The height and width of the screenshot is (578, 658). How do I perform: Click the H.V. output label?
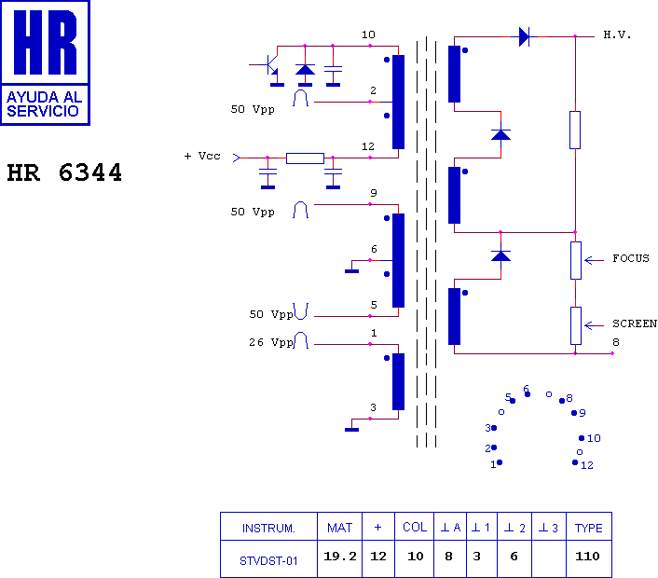point(617,34)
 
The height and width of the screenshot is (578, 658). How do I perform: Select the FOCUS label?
point(630,258)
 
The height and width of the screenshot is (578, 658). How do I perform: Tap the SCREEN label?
point(635,323)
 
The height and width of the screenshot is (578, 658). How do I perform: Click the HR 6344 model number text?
point(64,172)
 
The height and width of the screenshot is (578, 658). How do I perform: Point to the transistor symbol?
point(270,64)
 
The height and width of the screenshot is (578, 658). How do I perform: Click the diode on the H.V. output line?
point(524,36)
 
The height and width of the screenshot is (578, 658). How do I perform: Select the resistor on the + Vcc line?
point(305,158)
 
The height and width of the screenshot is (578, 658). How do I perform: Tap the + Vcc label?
point(202,156)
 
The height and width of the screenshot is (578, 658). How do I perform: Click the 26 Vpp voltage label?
point(270,342)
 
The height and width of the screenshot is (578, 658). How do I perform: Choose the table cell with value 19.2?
point(340,557)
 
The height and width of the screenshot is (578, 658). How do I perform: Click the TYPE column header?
point(589,528)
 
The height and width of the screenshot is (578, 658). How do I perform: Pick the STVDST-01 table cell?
point(268,561)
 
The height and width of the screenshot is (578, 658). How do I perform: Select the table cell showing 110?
point(587,557)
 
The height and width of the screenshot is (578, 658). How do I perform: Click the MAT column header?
point(340,528)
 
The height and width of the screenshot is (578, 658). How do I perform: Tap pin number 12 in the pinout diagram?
point(586,465)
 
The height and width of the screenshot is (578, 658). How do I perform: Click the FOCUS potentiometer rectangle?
point(576,261)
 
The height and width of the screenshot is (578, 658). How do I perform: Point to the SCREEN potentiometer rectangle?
point(576,325)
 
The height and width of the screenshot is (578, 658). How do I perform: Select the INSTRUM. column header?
point(268,528)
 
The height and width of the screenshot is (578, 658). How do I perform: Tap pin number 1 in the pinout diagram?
point(493,464)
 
